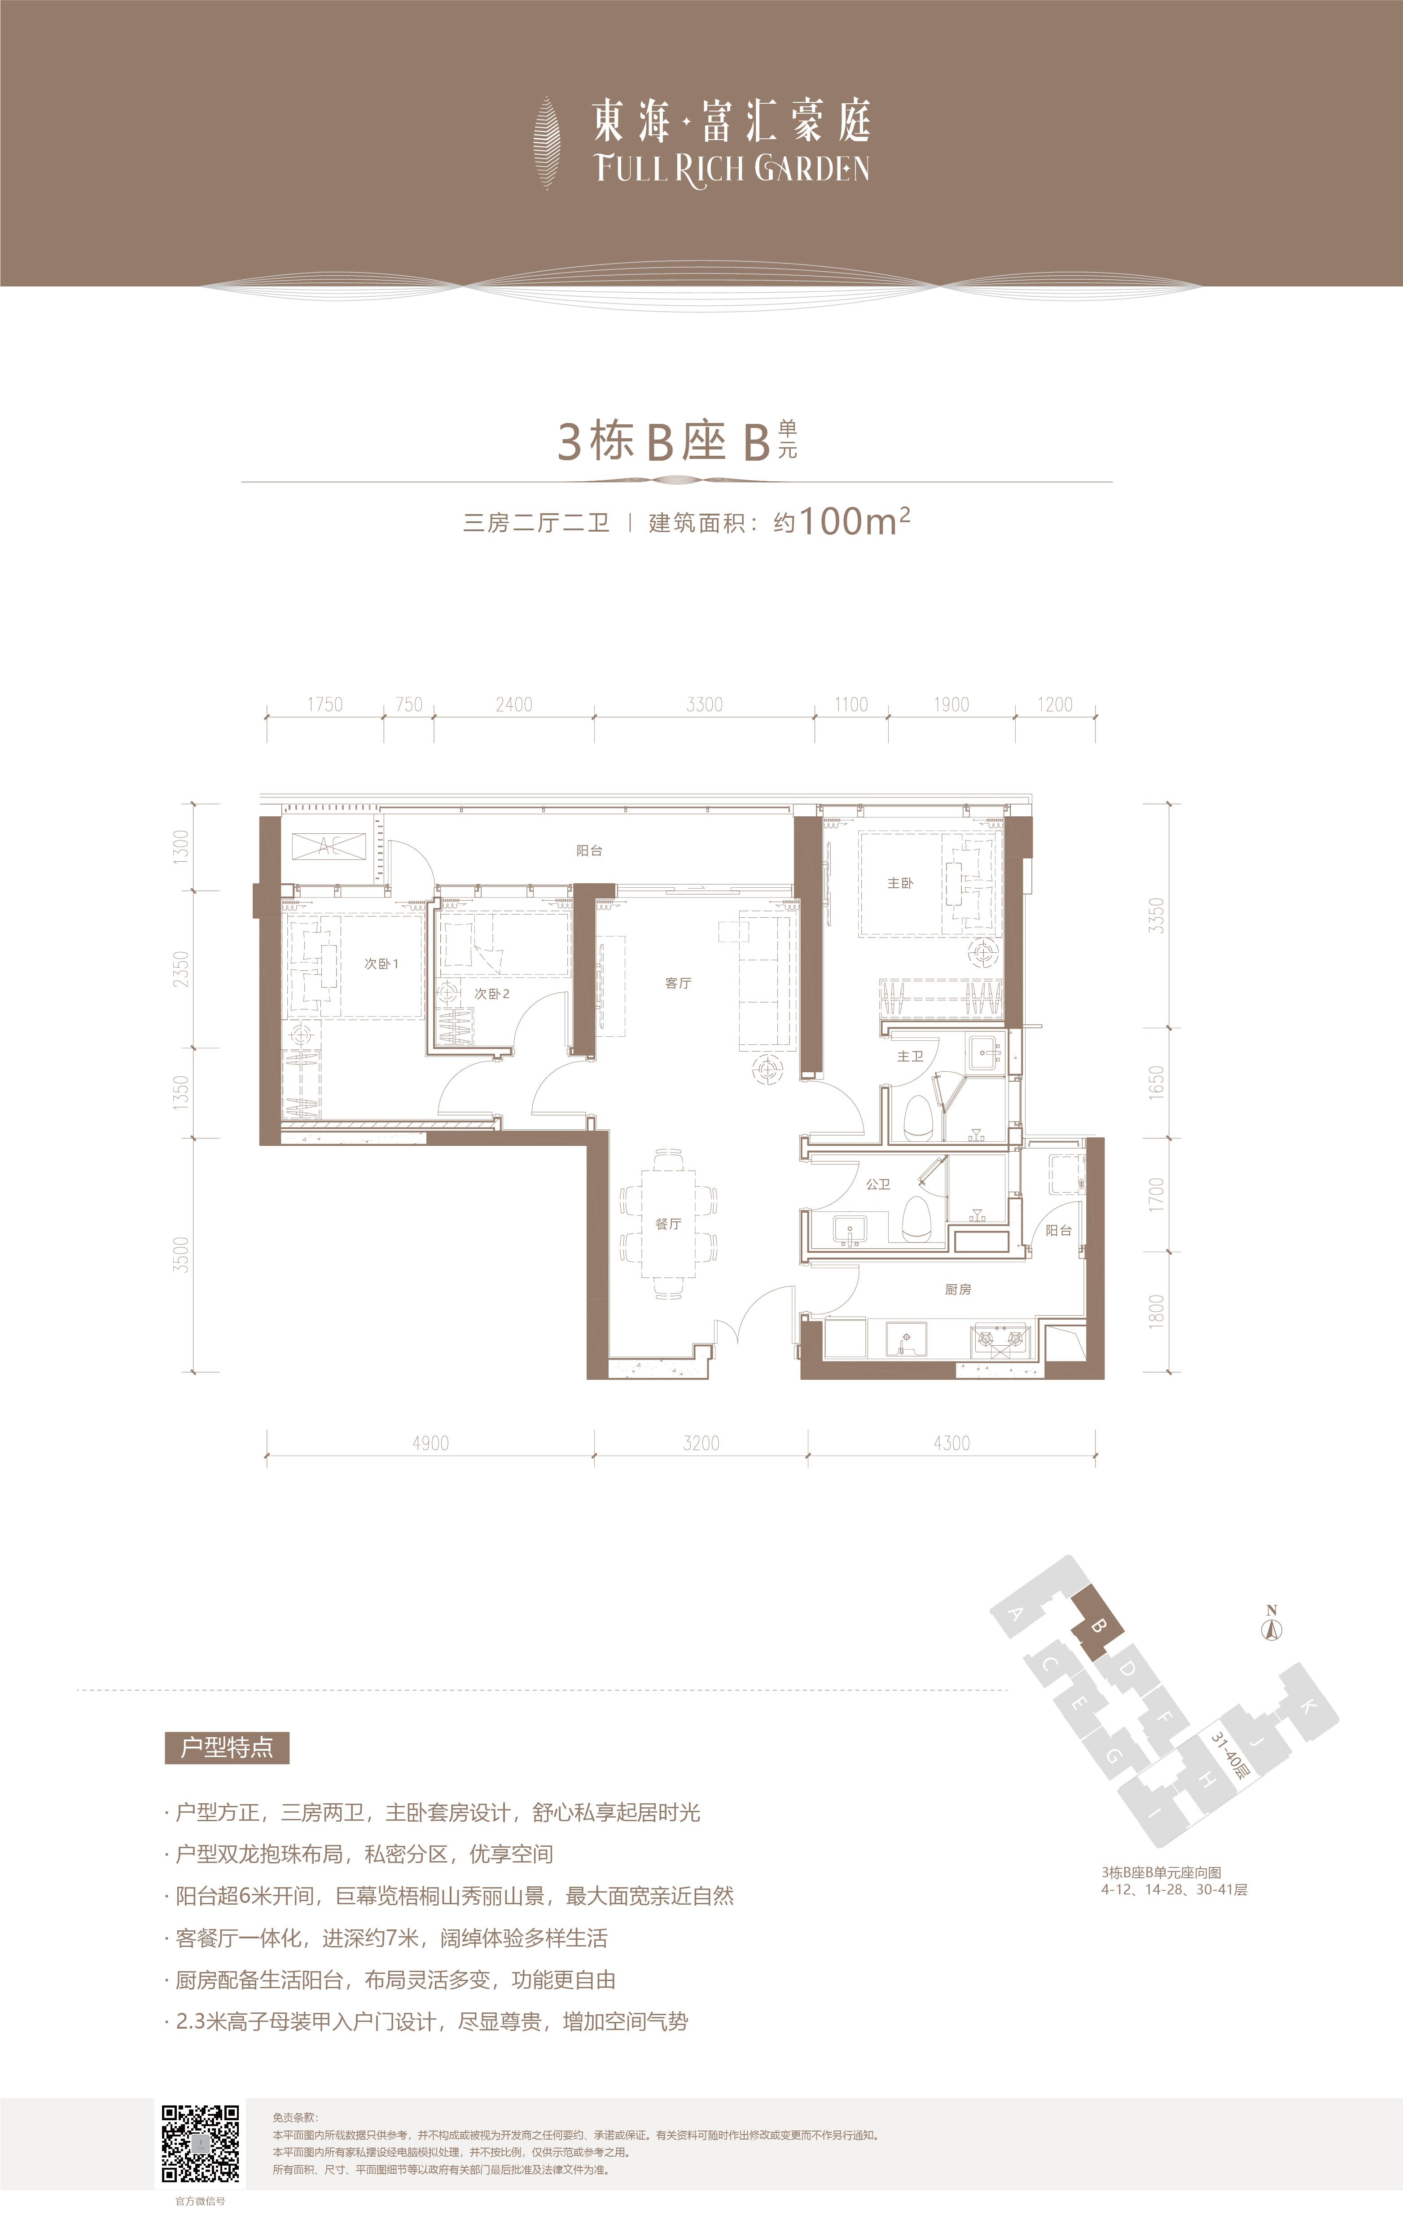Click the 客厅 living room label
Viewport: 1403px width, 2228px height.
point(678,983)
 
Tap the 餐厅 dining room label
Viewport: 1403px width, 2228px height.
point(668,1224)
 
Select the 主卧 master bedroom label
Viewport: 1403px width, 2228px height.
point(900,884)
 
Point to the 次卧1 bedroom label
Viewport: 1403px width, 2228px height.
point(381,964)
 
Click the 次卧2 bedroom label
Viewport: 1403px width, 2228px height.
point(492,994)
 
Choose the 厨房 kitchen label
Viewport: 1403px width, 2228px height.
point(958,1290)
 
